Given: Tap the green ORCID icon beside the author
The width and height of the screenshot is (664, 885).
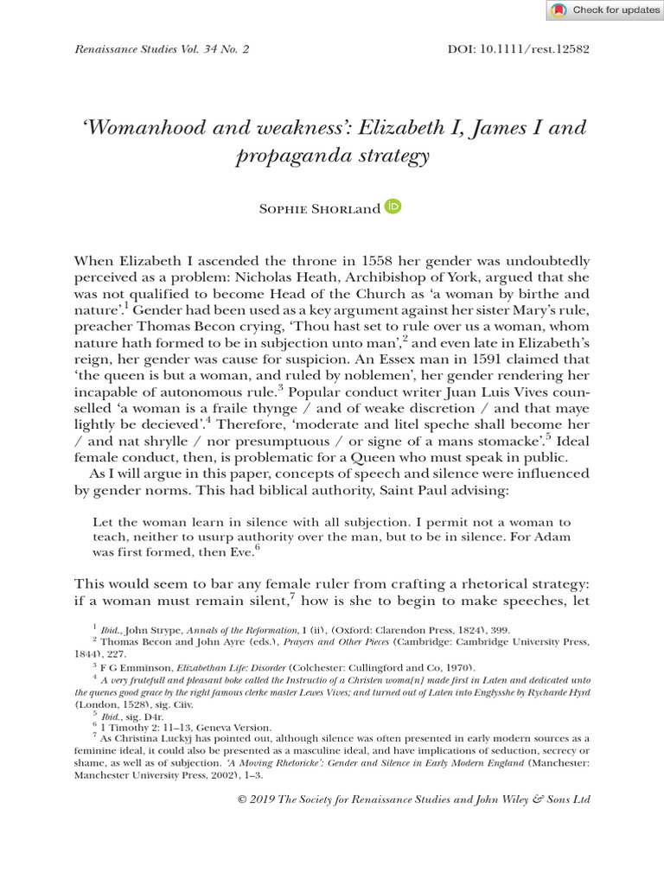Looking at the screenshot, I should pos(393,207).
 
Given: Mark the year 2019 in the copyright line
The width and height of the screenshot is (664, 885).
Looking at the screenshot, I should pos(265,800).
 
